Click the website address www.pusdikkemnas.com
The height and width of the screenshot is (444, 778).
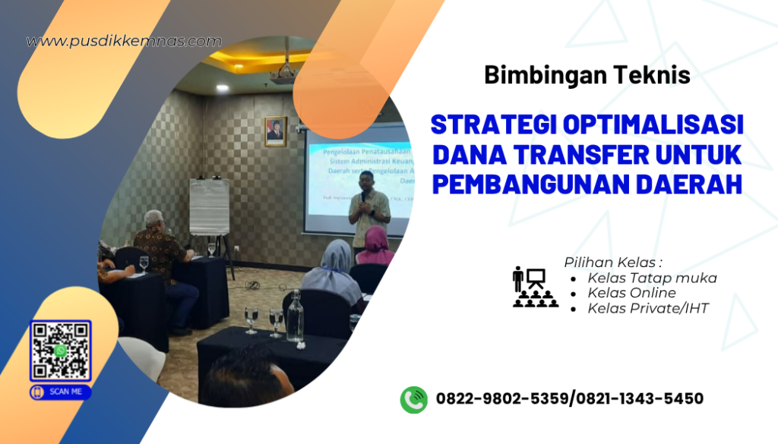point(124,41)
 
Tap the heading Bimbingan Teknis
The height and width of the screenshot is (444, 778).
point(587,75)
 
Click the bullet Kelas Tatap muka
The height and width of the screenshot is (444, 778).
point(652,278)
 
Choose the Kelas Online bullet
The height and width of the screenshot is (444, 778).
point(631,293)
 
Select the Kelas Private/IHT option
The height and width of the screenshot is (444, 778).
point(647,308)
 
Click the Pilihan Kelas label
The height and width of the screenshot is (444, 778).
point(608,262)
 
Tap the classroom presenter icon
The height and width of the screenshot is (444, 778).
point(535,287)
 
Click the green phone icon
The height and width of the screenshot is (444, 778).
point(414,399)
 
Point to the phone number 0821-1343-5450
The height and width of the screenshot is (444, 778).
point(639,399)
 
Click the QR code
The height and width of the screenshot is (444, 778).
point(61,351)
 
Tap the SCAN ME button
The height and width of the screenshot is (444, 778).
point(61,392)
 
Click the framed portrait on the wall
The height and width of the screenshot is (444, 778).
point(275,131)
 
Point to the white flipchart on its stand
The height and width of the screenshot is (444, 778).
point(209,206)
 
